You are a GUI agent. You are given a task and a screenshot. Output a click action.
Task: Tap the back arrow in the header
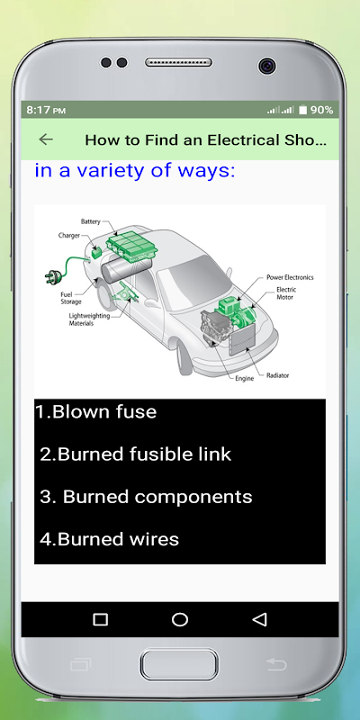46,139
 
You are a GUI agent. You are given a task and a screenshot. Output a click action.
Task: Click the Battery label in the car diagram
91,221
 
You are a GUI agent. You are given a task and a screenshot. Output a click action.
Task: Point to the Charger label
69,236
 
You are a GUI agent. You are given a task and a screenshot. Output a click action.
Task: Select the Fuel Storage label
71,298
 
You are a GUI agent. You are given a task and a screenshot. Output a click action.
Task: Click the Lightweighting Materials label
89,319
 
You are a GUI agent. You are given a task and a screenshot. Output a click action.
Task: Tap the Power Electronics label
290,277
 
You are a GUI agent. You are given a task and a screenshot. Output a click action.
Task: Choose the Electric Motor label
286,293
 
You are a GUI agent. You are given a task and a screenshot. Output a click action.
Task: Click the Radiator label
278,375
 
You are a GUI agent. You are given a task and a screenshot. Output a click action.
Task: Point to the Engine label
244,379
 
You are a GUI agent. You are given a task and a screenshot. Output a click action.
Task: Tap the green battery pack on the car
131,244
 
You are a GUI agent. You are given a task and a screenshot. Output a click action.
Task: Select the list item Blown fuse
96,411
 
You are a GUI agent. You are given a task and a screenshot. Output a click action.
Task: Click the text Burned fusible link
136,454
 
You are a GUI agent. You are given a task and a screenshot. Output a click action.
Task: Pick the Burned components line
146,498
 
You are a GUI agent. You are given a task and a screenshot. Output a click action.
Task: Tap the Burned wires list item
109,539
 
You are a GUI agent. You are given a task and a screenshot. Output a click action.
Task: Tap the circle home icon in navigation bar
179,619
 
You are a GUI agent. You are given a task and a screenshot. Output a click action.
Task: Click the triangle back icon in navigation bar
259,619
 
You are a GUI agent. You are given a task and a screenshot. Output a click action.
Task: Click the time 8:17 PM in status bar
46,110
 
